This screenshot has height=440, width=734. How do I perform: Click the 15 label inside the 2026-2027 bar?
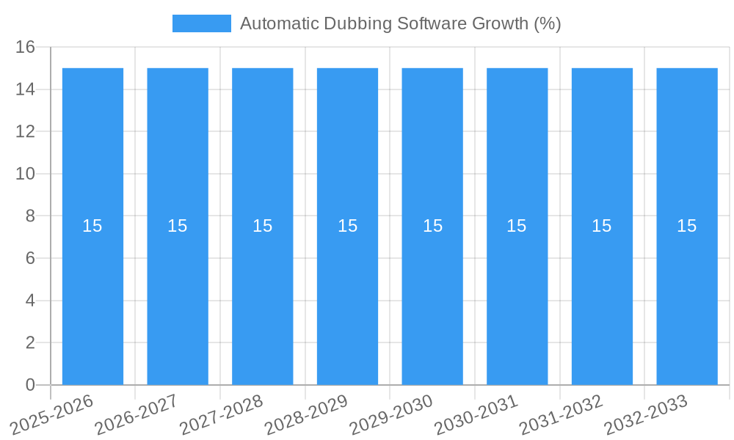click(178, 226)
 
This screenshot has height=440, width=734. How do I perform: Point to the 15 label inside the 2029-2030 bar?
click(432, 226)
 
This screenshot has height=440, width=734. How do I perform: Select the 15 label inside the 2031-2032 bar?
click(602, 226)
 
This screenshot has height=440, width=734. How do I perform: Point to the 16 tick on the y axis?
click(25, 47)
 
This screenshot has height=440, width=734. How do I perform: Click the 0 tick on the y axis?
click(30, 385)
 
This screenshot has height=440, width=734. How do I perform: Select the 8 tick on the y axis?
click(30, 216)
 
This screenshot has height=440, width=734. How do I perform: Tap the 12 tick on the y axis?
click(25, 132)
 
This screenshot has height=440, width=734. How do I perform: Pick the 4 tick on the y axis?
click(30, 301)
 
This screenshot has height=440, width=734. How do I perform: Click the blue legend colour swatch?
click(201, 23)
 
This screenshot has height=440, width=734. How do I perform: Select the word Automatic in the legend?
click(276, 23)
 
